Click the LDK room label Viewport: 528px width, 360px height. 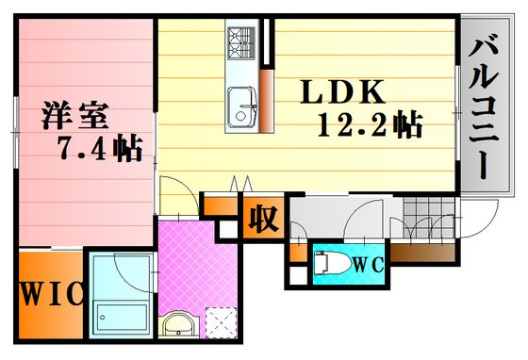(342, 91)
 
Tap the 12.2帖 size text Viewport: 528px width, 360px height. (370, 124)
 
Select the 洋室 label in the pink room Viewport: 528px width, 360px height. (74, 115)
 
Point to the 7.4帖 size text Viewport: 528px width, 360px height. (100, 148)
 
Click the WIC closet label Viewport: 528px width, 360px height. (52, 293)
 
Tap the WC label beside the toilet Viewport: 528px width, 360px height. (368, 266)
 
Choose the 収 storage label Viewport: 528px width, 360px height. (263, 219)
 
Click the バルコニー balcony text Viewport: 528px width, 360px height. (484, 109)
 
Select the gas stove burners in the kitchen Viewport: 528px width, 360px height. (241, 43)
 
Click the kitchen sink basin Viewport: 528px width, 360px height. (241, 107)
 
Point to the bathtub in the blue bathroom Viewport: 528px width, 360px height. (122, 319)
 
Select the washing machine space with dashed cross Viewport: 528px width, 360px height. (222, 323)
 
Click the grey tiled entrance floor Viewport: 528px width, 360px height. (429, 217)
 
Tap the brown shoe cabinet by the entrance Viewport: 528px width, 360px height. (422, 253)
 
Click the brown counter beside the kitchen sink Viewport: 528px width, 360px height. (266, 101)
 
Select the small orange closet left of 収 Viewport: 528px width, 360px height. (222, 205)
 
